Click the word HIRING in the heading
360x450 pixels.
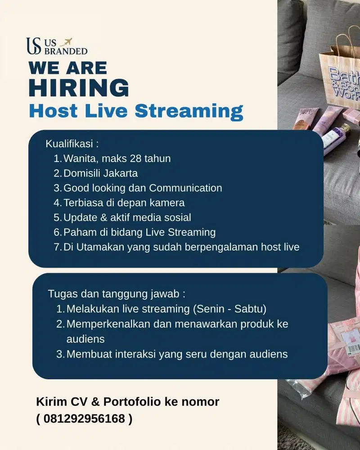(x=78, y=87)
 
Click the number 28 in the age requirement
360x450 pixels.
(x=135, y=158)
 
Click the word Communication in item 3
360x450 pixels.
(x=185, y=188)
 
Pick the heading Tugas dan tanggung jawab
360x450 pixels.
(x=117, y=294)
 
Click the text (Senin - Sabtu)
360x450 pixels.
(x=229, y=309)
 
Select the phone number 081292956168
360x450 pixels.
(x=84, y=419)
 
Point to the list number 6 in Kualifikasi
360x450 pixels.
(x=57, y=232)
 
